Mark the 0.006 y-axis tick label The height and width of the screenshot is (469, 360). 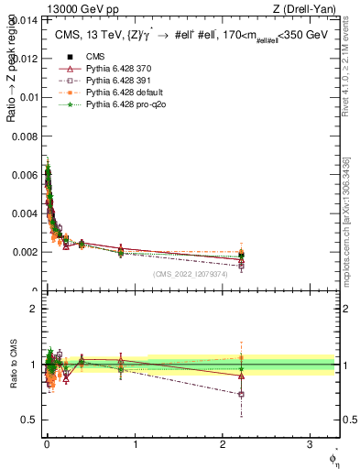pyautogui.click(x=26, y=174)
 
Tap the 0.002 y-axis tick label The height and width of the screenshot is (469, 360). pyautogui.click(x=26, y=251)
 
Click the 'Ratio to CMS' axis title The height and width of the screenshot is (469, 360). pyautogui.click(x=12, y=364)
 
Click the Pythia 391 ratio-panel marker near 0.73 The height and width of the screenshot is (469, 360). pyautogui.click(x=240, y=394)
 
